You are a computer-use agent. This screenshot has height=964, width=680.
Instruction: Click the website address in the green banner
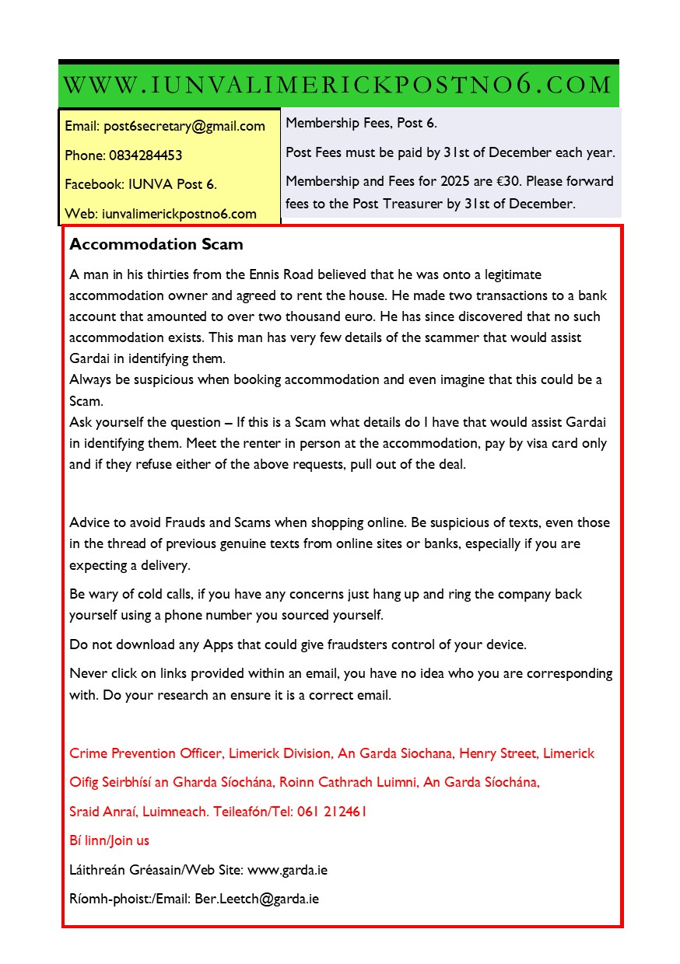(338, 85)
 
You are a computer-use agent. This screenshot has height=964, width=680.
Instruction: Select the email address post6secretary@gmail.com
(184, 126)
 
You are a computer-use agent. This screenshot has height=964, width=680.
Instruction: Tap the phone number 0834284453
(145, 155)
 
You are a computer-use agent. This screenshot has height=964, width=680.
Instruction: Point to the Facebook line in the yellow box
(141, 184)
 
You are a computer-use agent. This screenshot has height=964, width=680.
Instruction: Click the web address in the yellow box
(179, 214)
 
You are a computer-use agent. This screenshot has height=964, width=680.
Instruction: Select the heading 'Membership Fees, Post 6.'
(362, 123)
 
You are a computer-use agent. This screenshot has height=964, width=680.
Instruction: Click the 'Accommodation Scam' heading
(156, 244)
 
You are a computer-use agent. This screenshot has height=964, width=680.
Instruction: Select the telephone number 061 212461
(331, 812)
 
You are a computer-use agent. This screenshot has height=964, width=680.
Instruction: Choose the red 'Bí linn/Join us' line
(109, 840)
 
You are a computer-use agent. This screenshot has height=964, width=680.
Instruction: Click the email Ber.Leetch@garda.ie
(257, 899)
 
